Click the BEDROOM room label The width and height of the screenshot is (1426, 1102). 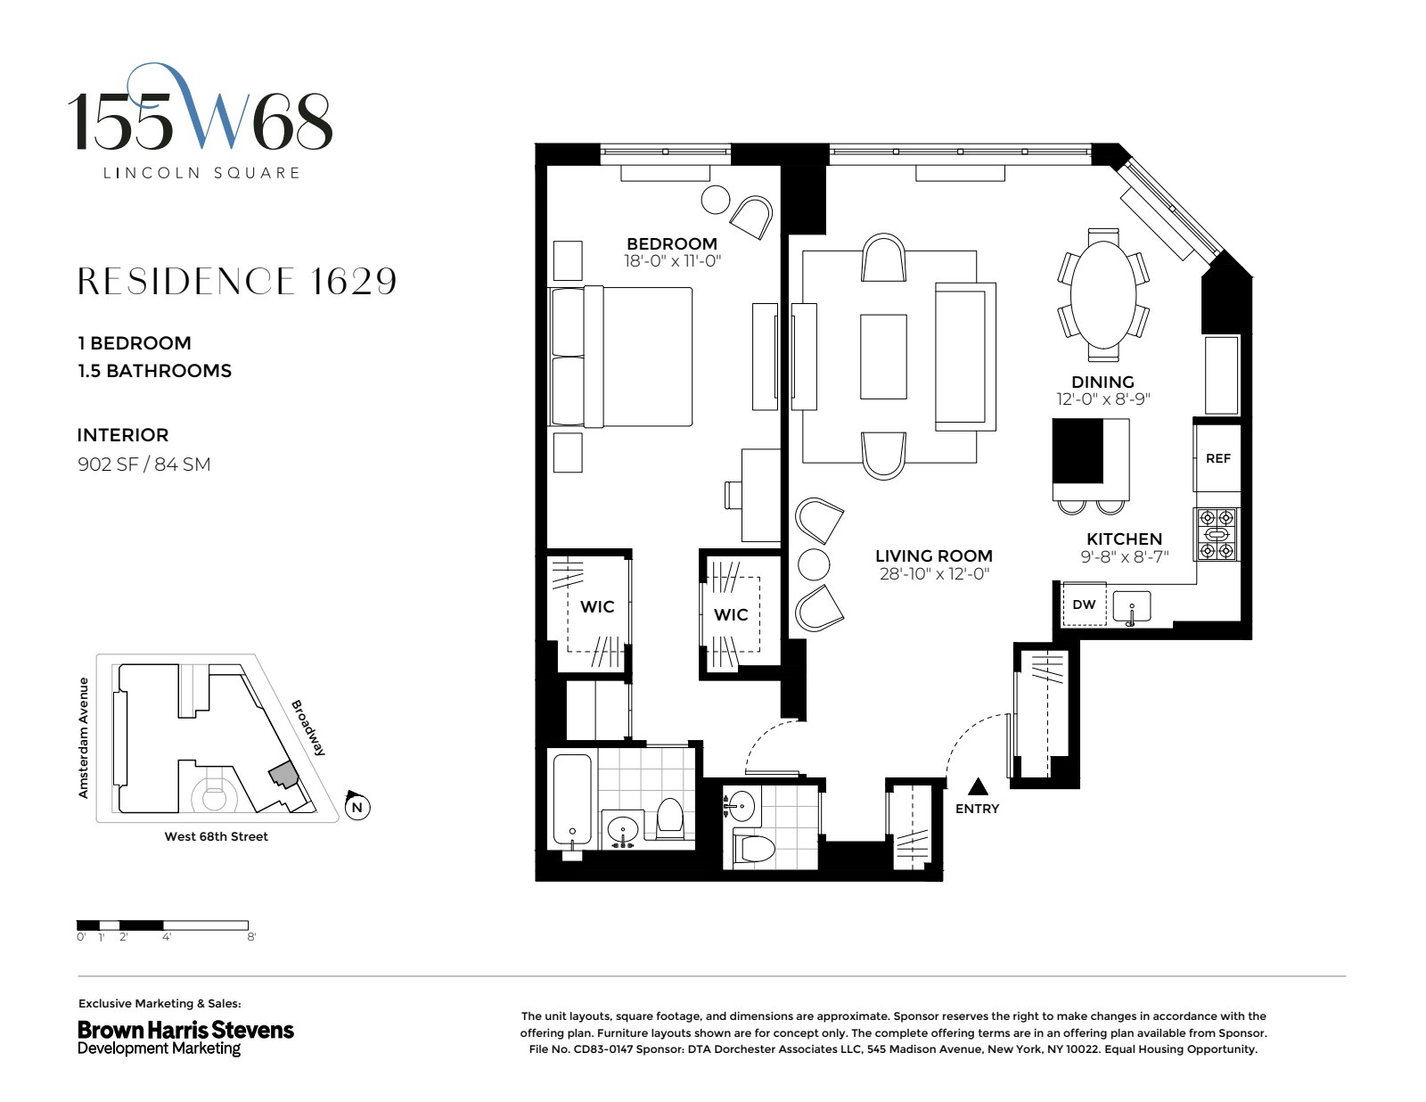671,243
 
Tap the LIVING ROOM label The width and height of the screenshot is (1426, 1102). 933,555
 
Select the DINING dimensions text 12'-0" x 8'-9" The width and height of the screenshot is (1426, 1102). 1103,399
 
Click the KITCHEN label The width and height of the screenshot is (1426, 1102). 1124,539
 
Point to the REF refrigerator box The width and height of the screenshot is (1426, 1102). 1217,458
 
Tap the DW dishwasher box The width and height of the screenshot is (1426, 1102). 1084,604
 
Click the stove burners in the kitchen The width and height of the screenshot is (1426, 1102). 1217,534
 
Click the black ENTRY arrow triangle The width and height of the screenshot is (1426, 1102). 979,786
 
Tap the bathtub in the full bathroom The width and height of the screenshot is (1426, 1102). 570,802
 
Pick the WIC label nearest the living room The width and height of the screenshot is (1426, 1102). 731,614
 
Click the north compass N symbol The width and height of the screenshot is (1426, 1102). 357,808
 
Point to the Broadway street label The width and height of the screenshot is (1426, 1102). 308,728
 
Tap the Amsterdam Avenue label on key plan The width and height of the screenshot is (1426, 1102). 84,737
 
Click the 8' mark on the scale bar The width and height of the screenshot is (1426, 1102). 251,937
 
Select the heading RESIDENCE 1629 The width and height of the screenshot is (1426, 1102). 237,281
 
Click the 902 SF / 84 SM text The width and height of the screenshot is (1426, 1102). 144,464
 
